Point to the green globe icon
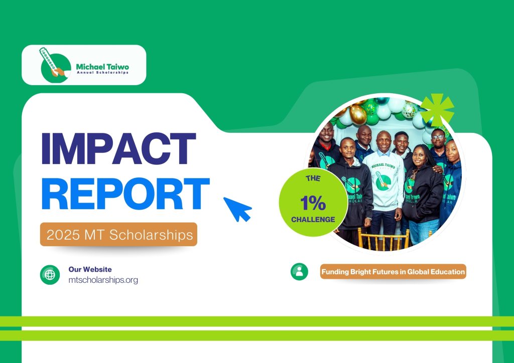[x=50, y=275]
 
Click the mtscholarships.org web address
[x=103, y=280]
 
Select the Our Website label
[x=90, y=269]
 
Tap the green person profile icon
[x=299, y=272]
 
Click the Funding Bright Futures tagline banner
[x=393, y=272]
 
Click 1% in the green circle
[x=313, y=204]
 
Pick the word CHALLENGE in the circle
[x=313, y=219]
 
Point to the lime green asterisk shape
[x=437, y=109]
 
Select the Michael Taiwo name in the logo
[x=102, y=66]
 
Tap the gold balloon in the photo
[x=358, y=114]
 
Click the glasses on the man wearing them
[x=437, y=136]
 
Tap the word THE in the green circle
[x=313, y=177]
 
